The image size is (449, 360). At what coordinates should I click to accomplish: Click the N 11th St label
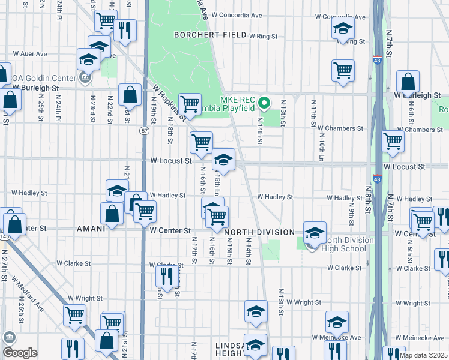tap(313, 115)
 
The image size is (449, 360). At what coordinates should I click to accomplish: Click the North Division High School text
tap(343, 245)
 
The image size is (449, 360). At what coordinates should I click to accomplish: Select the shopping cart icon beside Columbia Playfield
tap(190, 103)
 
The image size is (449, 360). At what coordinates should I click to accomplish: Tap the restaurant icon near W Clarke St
tap(165, 275)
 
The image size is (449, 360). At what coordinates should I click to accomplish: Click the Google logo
tap(20, 353)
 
